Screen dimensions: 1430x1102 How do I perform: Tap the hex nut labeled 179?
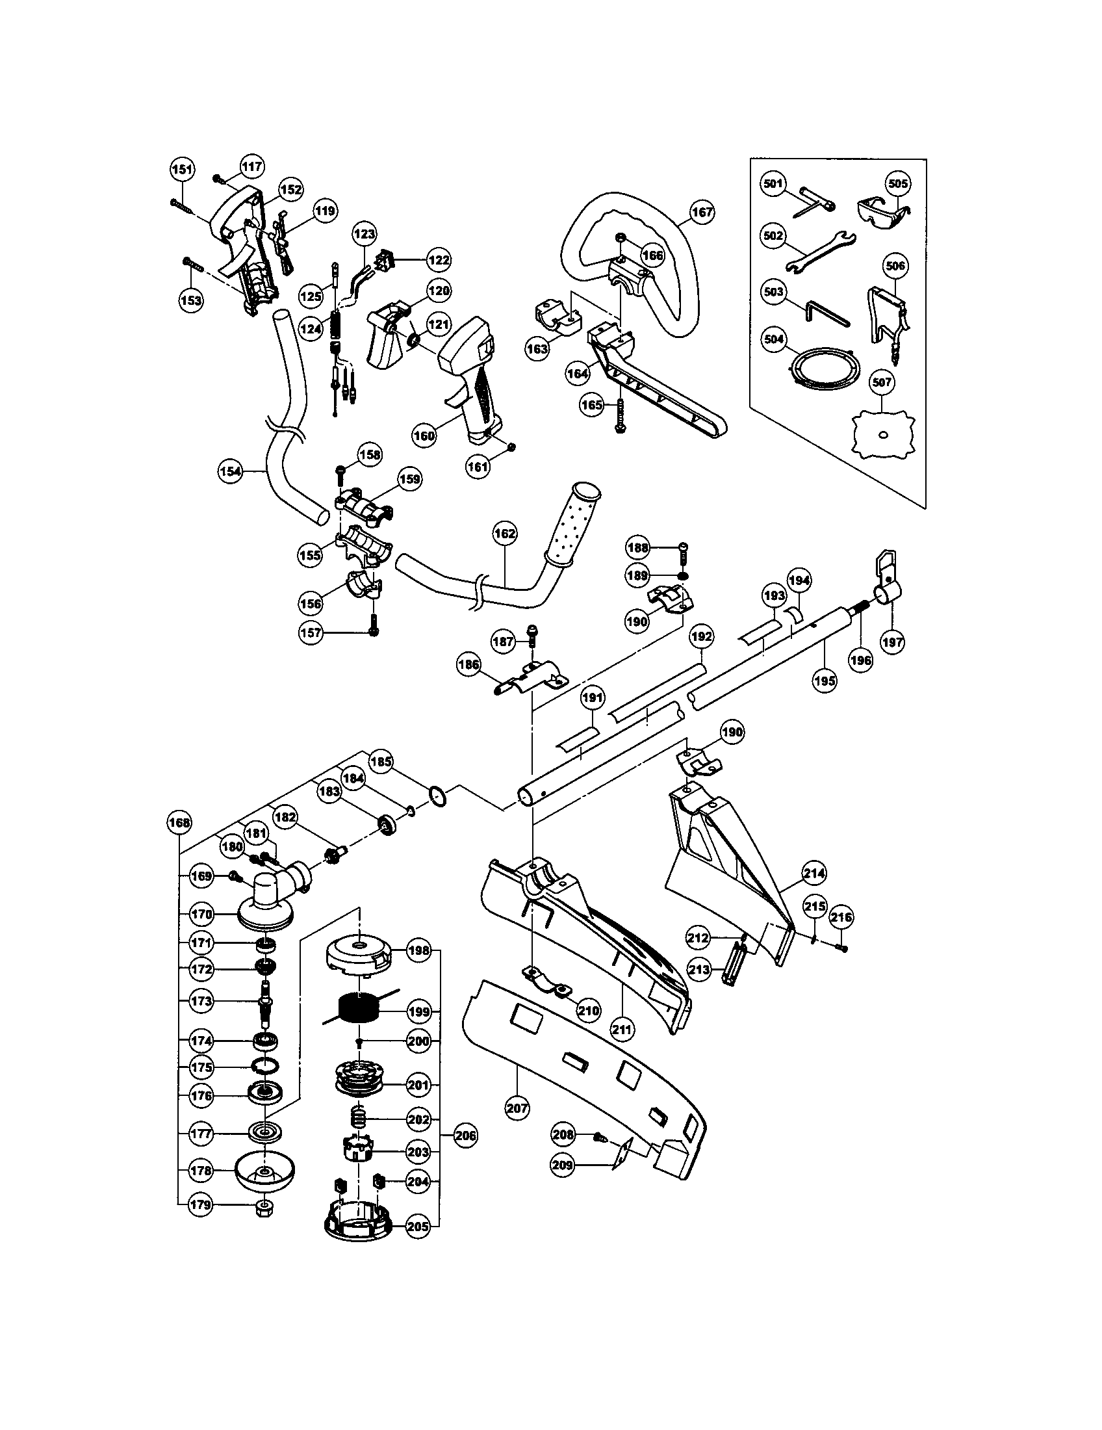pyautogui.click(x=263, y=1205)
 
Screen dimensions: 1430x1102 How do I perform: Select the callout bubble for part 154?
pyautogui.click(x=231, y=470)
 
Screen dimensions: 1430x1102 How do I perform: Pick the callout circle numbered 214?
pyautogui.click(x=814, y=873)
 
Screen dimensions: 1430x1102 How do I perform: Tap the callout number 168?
pyautogui.click(x=179, y=823)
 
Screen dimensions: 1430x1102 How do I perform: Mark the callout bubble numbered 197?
pyautogui.click(x=893, y=642)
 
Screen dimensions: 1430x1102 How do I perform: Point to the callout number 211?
pyautogui.click(x=621, y=1029)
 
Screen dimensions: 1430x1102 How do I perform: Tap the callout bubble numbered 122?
pyautogui.click(x=439, y=259)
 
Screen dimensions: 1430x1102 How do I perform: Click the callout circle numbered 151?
pyautogui.click(x=183, y=170)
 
